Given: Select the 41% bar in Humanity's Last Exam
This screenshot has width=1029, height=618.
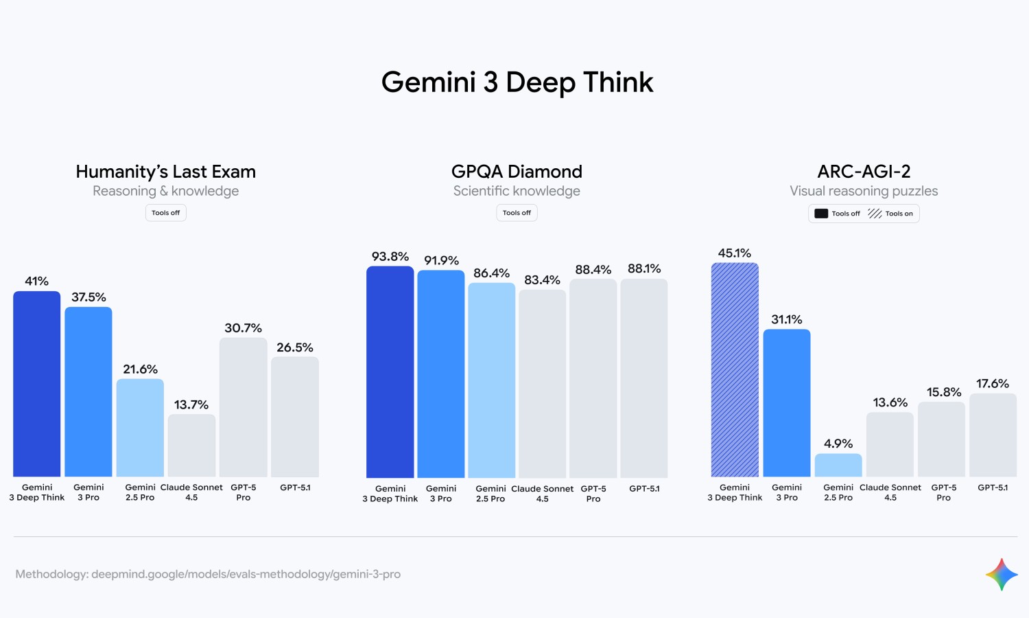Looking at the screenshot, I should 37,384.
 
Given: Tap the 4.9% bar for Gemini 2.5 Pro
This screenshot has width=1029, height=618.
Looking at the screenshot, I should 838,465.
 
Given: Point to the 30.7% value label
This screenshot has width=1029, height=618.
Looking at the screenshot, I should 243,328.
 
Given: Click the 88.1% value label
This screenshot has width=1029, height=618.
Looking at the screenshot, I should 644,268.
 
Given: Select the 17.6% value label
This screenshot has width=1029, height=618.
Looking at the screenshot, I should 993,383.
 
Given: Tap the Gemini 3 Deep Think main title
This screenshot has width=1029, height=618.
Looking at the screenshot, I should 517,82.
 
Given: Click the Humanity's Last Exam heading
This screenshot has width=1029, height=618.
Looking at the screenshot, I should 165,172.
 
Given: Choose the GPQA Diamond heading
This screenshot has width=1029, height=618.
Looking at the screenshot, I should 517,172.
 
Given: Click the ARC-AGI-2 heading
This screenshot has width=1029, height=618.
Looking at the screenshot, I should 864,172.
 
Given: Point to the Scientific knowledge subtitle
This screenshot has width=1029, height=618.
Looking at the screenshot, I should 517,191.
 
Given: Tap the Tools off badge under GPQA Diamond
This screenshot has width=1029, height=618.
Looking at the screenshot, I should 517,213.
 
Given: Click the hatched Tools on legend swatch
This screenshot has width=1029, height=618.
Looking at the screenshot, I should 875,214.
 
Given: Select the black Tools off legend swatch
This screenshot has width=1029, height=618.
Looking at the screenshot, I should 821,214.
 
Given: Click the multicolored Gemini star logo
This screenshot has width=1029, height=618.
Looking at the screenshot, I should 1002,574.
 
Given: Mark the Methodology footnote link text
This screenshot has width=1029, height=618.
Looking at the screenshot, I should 208,574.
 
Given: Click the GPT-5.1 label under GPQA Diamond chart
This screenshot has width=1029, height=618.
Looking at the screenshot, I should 644,489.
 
